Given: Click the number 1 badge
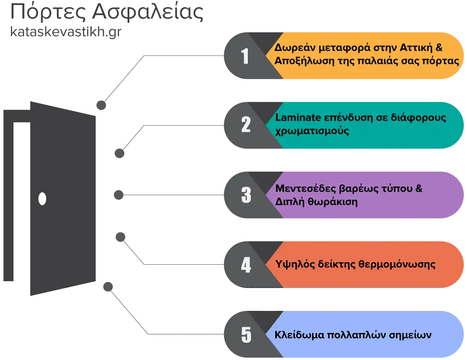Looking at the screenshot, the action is click(245, 56).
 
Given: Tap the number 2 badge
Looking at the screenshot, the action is click(246, 125).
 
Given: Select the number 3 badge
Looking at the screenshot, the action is click(246, 195).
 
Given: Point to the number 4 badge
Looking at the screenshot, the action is click(246, 265).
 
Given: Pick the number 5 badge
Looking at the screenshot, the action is click(246, 335).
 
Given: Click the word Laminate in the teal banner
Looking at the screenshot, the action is click(298, 117).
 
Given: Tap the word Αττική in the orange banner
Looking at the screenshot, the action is click(416, 47).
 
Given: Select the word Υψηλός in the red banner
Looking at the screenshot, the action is click(295, 264).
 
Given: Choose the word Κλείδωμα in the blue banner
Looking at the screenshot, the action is click(299, 335).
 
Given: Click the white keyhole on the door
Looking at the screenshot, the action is click(42, 199).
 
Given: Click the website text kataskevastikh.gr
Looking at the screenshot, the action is click(66, 32).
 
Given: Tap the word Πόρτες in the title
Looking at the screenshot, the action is click(48, 12).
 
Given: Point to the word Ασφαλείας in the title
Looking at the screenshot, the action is click(148, 12).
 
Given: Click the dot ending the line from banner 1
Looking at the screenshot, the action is click(101, 105).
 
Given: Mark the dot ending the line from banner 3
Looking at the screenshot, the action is click(119, 195).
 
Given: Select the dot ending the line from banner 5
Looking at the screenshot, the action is click(108, 287).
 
